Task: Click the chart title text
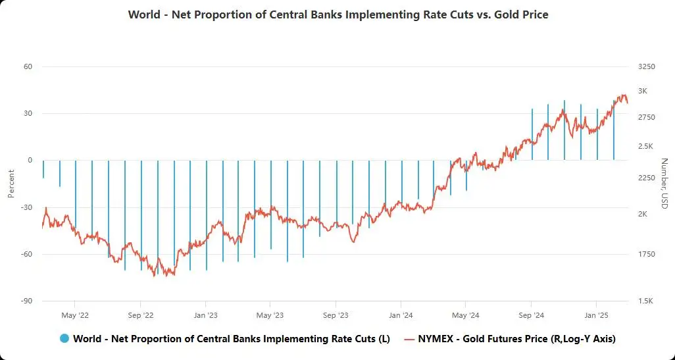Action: click(338, 14)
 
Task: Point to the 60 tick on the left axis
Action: click(28, 66)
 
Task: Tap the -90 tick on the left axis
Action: click(26, 301)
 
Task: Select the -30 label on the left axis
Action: click(26, 207)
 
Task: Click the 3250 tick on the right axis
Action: click(647, 66)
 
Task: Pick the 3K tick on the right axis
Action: click(643, 91)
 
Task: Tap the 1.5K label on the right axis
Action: click(646, 301)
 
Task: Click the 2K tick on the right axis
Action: click(643, 214)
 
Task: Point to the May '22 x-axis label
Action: click(75, 315)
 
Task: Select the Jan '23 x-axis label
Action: click(205, 315)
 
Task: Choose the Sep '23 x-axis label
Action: click(336, 315)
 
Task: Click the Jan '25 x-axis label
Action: click(596, 315)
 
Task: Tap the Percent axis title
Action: click(11, 184)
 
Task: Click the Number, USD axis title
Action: click(664, 184)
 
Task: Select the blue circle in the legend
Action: click(64, 339)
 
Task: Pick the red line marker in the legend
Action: click(409, 339)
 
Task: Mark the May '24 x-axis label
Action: click(465, 315)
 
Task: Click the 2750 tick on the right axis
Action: click(647, 117)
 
